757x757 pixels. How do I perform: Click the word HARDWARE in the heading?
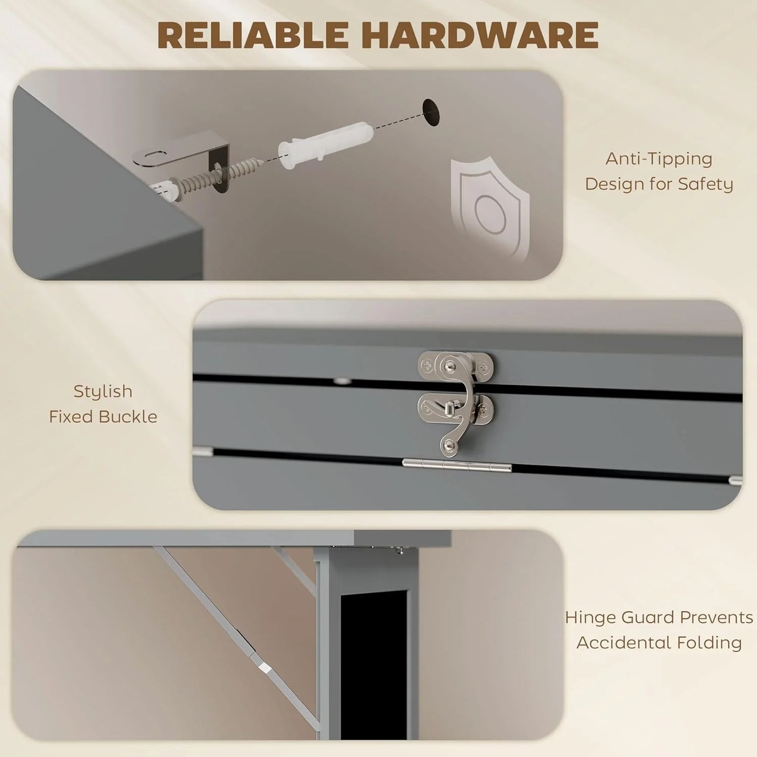pyautogui.click(x=479, y=36)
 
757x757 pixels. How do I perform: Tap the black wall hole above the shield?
pyautogui.click(x=431, y=112)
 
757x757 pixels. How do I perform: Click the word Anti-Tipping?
pyautogui.click(x=659, y=159)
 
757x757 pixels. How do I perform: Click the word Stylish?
pyautogui.click(x=103, y=391)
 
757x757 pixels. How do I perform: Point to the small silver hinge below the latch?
pyautogui.click(x=456, y=465)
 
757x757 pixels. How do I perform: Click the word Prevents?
pyautogui.click(x=717, y=618)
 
